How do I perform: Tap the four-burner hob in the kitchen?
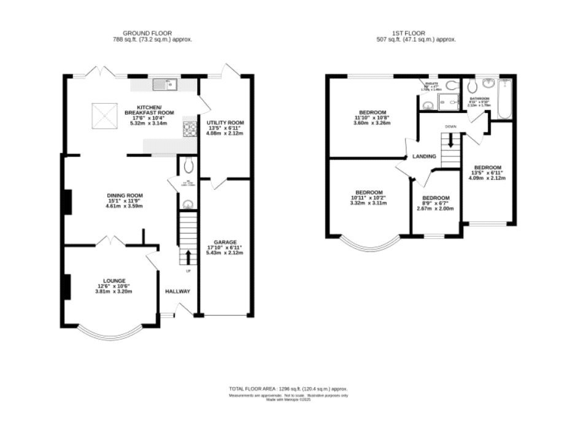pyautogui.click(x=188, y=128)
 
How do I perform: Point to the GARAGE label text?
pyautogui.click(x=225, y=242)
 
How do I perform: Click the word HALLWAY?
pyautogui.click(x=177, y=291)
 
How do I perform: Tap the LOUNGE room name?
pyautogui.click(x=114, y=280)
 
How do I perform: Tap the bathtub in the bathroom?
pyautogui.click(x=504, y=98)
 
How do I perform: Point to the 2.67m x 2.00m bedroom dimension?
pyautogui.click(x=435, y=208)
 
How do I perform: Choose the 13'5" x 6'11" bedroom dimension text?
pyautogui.click(x=488, y=173)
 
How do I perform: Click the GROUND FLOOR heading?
pyautogui.click(x=147, y=33)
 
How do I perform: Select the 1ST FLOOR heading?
pyautogui.click(x=409, y=33)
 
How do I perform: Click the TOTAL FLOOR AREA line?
pyautogui.click(x=288, y=389)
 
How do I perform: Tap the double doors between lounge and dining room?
pyautogui.click(x=111, y=240)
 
